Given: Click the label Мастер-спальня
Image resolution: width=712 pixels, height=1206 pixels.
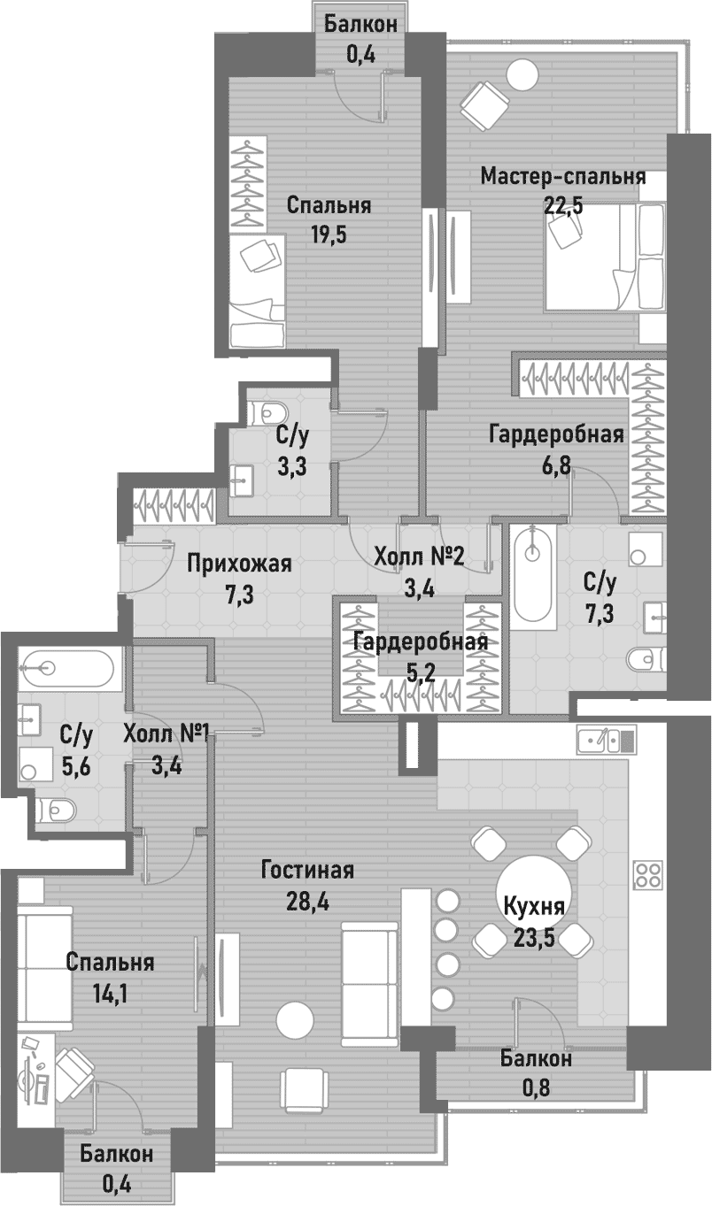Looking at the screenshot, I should [x=562, y=176].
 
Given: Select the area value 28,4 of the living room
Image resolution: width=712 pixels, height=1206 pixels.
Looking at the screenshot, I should [x=307, y=901].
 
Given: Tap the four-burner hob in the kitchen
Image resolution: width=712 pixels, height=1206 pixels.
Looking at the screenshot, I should [x=648, y=874].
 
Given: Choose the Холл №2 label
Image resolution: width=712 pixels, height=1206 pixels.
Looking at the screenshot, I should [x=420, y=557].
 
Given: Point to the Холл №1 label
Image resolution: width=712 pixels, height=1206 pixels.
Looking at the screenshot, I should [x=166, y=734].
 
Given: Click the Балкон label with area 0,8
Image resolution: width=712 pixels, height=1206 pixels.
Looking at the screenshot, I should [x=535, y=1059].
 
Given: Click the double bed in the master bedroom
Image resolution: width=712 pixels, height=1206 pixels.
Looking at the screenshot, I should [x=605, y=256].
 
